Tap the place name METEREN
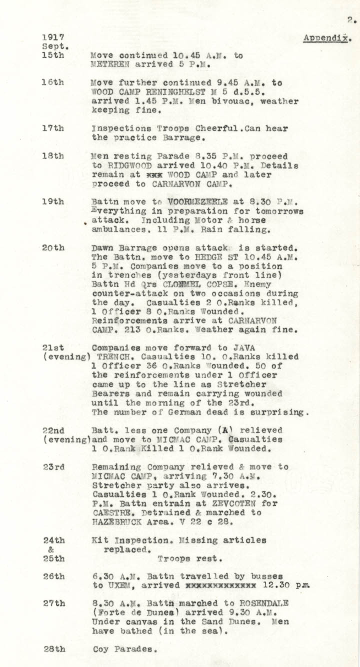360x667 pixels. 111,65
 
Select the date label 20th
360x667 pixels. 52,248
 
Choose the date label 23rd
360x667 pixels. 52,467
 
